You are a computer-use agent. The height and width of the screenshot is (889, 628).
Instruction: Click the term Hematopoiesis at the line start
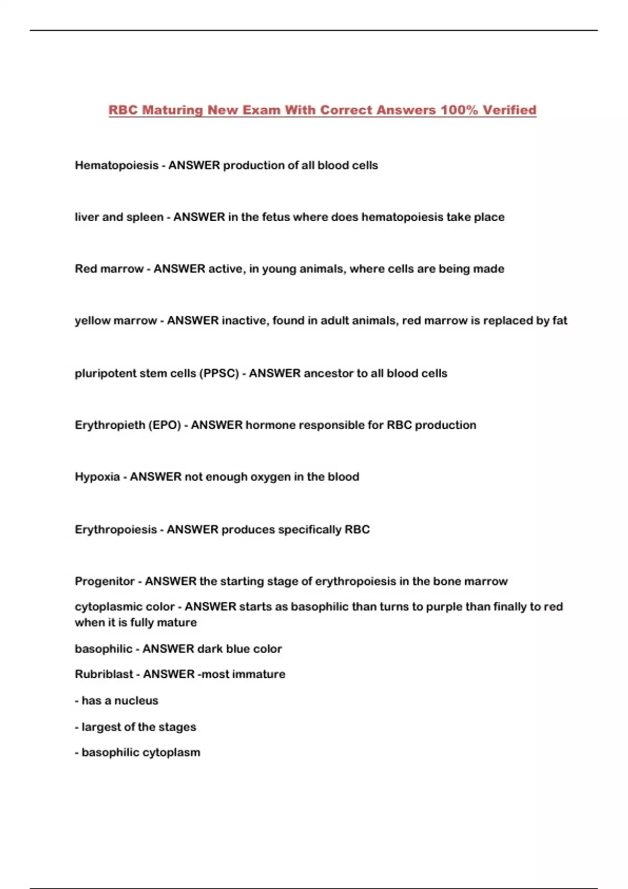116,165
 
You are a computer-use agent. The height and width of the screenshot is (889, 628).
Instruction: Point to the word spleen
145,217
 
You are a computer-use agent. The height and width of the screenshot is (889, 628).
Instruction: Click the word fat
559,321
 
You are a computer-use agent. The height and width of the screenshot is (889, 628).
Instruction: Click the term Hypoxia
97,477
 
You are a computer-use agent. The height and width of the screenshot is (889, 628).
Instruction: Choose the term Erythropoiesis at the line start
116,530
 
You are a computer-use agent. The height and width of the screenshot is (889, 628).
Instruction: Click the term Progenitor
105,582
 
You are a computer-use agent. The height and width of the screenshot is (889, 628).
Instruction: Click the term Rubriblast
104,674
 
